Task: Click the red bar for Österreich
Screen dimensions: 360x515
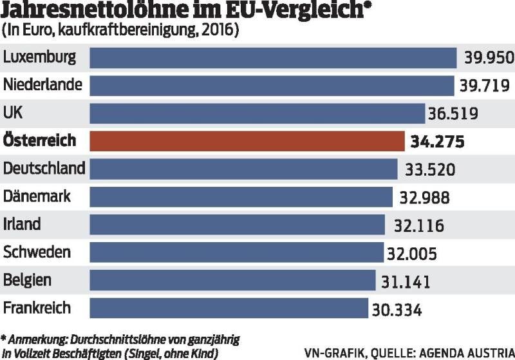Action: tap(245, 141)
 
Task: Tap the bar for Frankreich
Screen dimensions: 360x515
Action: tap(229, 308)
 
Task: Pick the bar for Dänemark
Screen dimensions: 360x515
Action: tap(241, 196)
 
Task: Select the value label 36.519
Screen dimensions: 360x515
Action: tap(453, 114)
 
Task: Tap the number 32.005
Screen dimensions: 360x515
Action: tap(411, 253)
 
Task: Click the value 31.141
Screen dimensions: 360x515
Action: tap(404, 281)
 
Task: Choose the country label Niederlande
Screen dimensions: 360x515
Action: tap(43, 84)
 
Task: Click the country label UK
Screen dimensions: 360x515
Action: tap(13, 113)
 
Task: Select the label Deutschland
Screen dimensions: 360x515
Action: tap(44, 168)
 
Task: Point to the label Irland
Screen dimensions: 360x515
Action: tap(23, 224)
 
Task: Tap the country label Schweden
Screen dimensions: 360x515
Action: tap(37, 252)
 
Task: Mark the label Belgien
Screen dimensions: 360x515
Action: tap(28, 280)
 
